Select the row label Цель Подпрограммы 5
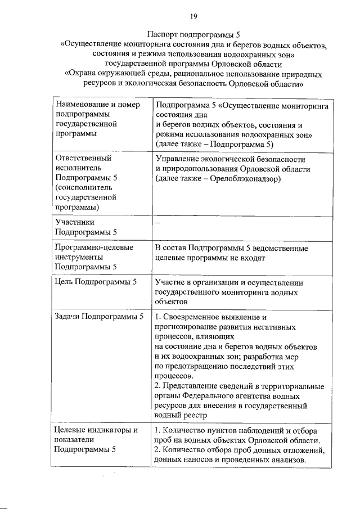96,281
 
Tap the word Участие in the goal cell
172,282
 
